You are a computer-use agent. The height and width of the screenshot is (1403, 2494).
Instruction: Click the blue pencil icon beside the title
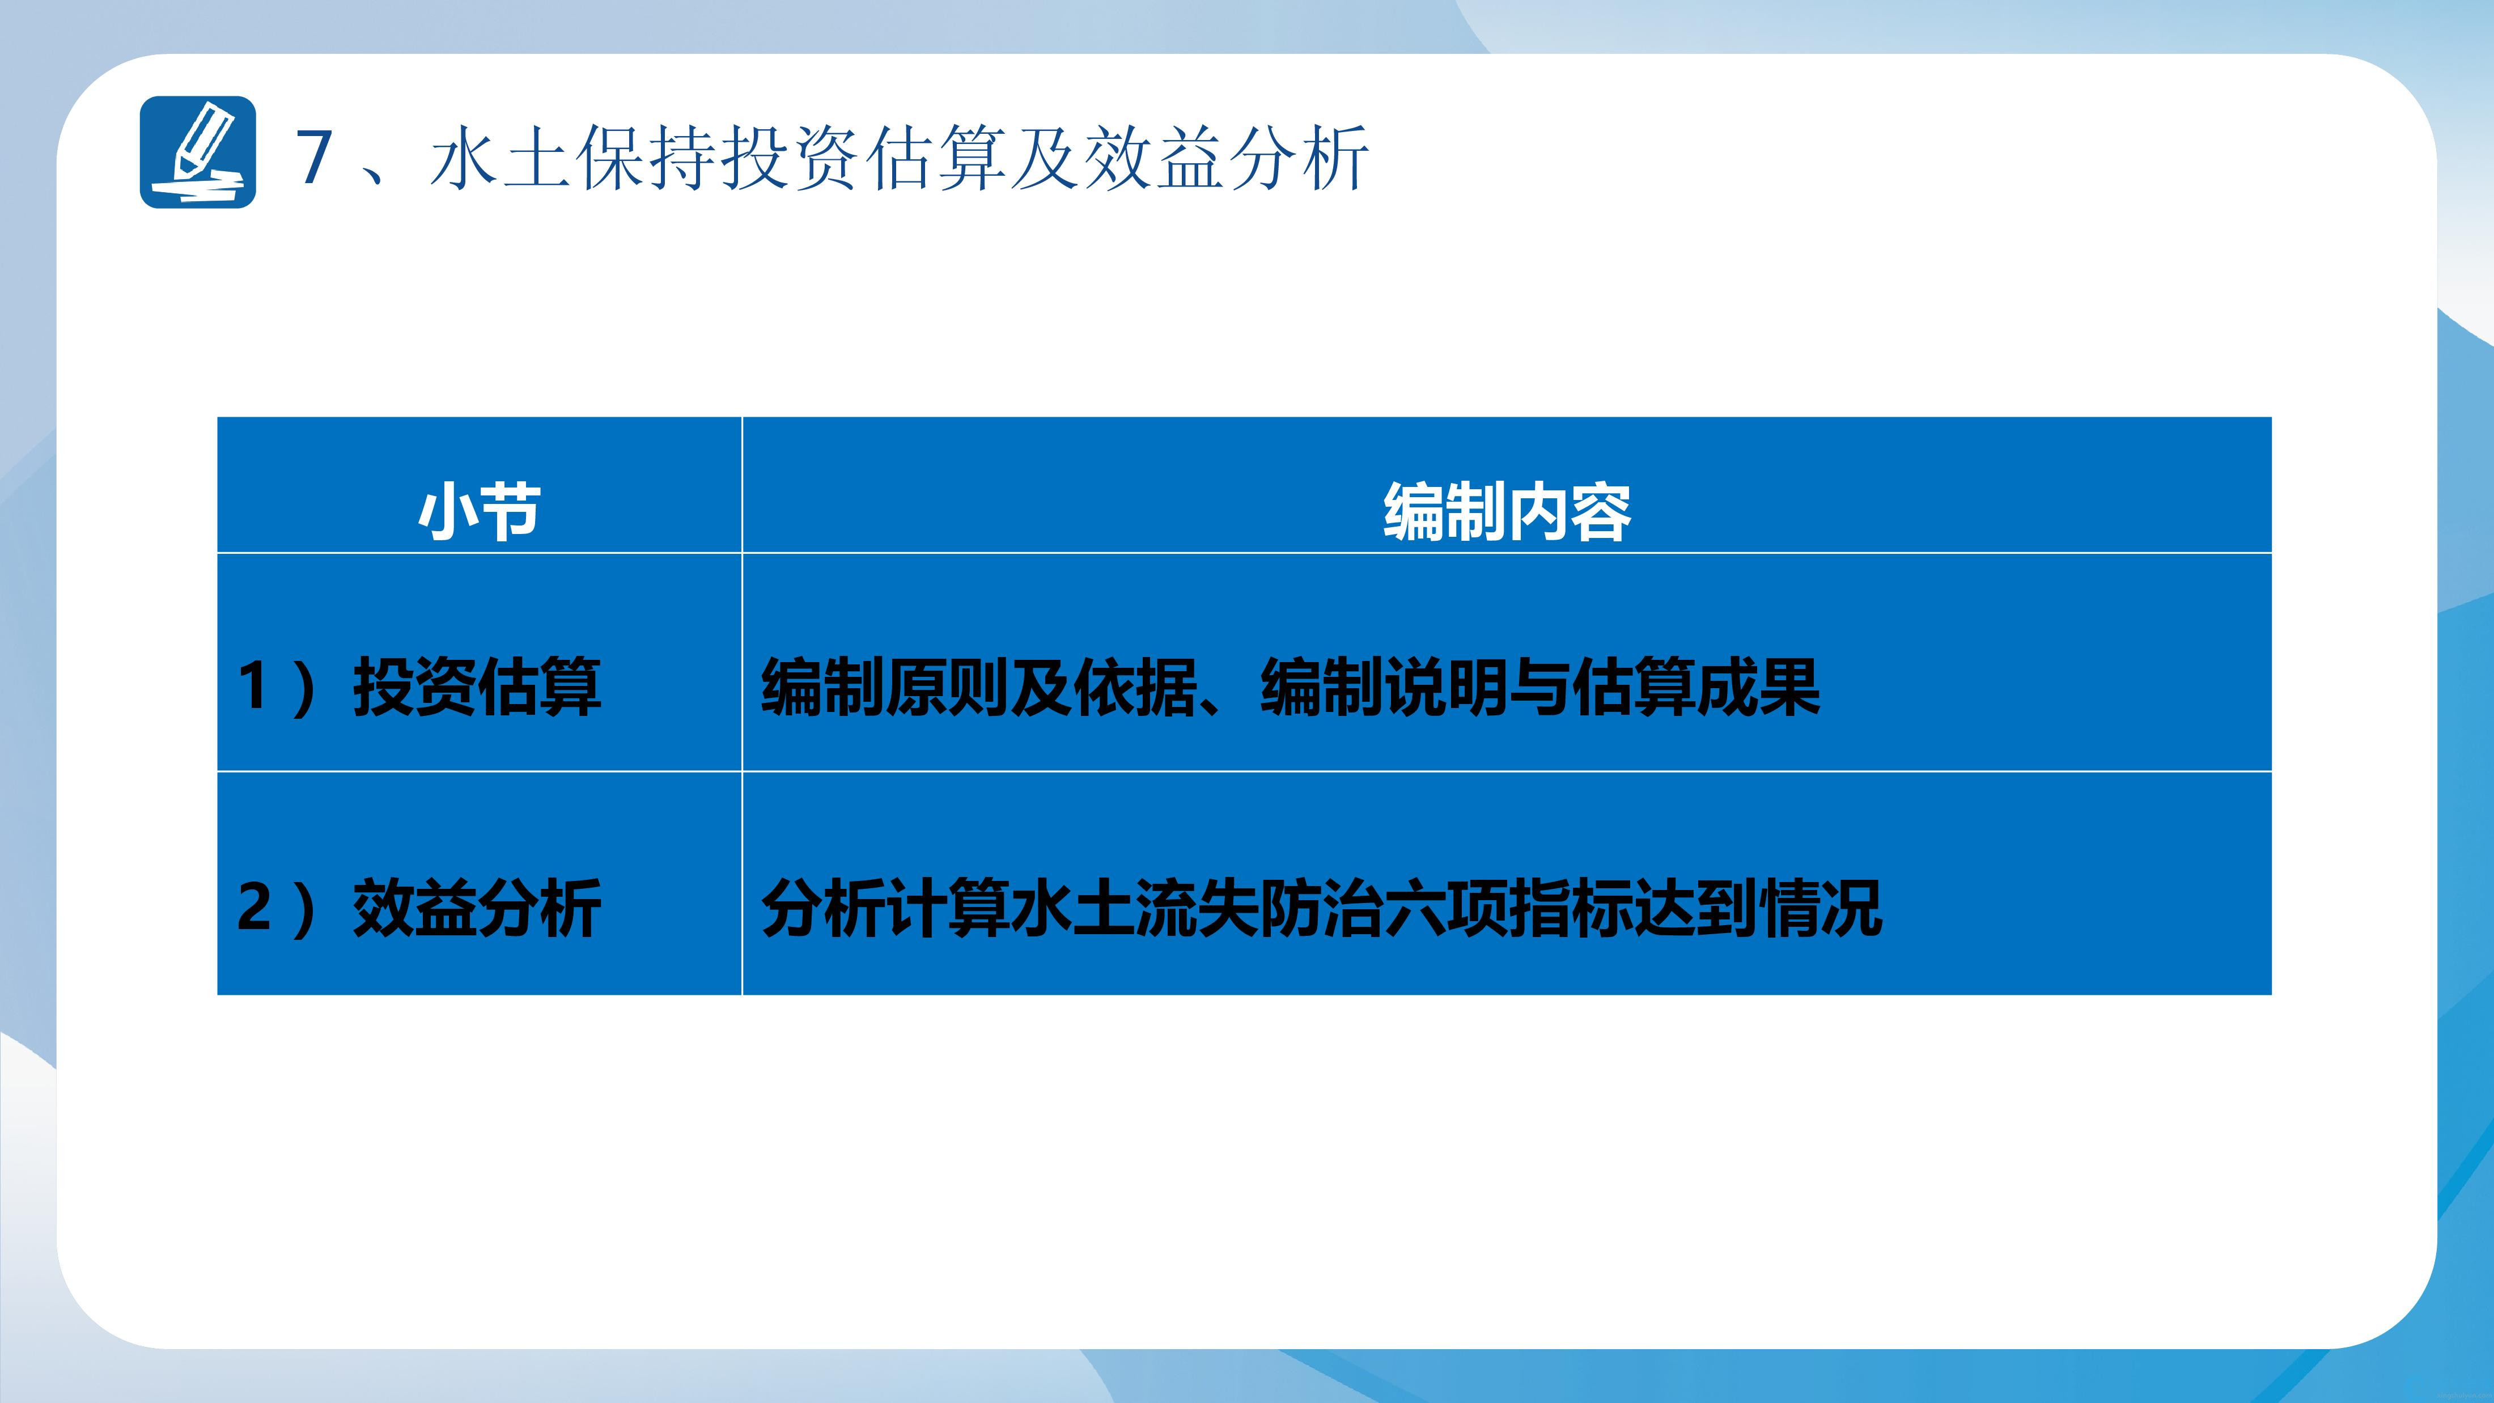click(x=197, y=152)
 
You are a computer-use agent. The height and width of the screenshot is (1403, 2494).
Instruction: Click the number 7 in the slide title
click(x=315, y=157)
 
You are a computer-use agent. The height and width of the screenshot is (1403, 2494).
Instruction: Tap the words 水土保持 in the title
click(x=574, y=157)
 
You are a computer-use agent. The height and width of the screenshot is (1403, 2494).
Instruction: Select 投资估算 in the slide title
click(x=864, y=157)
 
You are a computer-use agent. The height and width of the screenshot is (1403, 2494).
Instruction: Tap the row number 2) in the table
click(x=276, y=907)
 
